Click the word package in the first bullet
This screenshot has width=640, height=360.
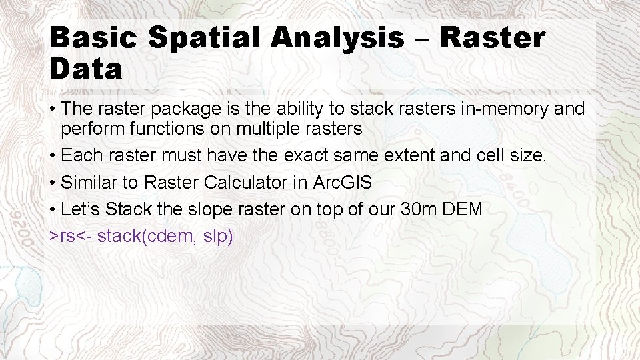pyautogui.click(x=185, y=108)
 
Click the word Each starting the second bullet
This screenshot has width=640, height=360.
pyautogui.click(x=79, y=156)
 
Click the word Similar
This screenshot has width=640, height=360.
pyautogui.click(x=87, y=183)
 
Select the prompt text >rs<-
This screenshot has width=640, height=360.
pyautogui.click(x=71, y=236)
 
